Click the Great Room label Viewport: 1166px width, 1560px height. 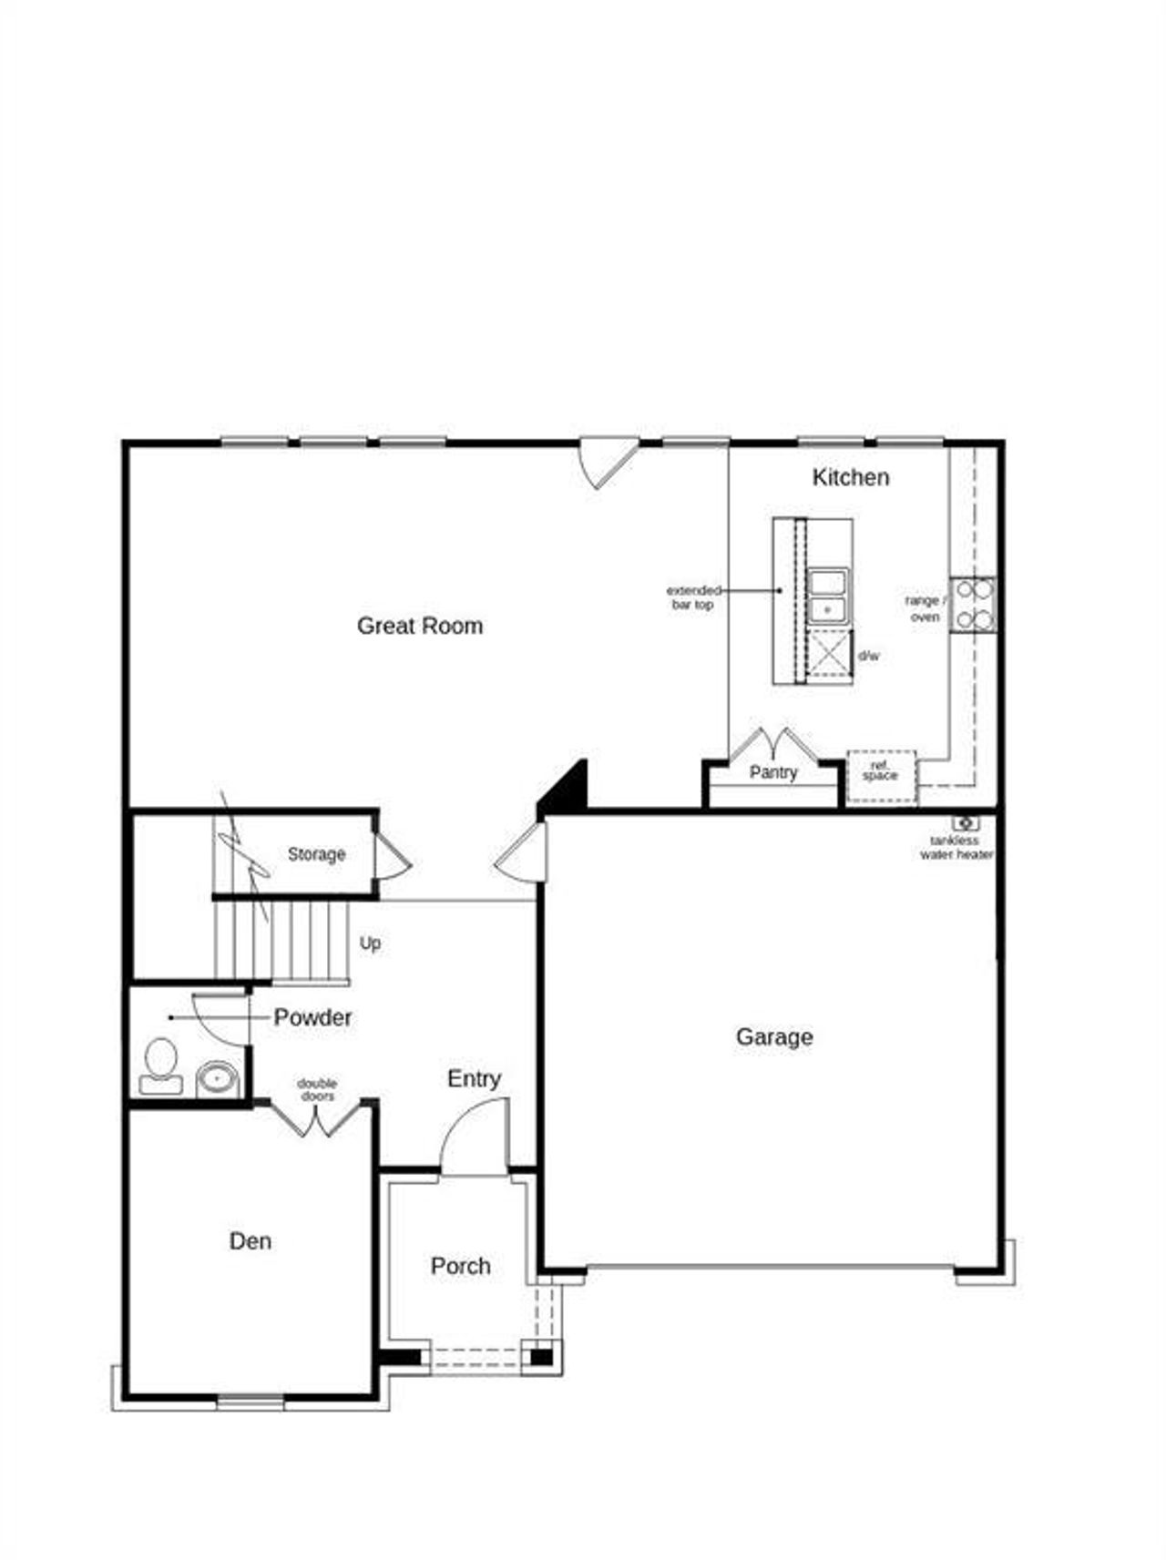click(x=420, y=626)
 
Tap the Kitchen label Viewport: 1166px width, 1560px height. click(x=850, y=477)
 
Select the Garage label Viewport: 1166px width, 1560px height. click(x=774, y=1036)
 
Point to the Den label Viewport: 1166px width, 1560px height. click(x=250, y=1241)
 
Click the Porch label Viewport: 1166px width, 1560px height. click(x=460, y=1266)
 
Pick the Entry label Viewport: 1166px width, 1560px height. click(x=474, y=1079)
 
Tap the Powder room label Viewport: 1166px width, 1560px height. click(x=312, y=1017)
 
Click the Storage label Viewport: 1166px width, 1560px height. click(x=316, y=854)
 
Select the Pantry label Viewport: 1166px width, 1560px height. click(x=773, y=772)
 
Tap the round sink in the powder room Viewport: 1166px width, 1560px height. click(x=217, y=1080)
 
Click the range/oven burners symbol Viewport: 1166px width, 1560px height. click(x=973, y=605)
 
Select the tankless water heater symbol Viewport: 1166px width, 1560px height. click(x=965, y=823)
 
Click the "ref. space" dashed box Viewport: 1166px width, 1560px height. click(x=881, y=776)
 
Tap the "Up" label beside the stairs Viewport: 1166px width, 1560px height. click(x=370, y=943)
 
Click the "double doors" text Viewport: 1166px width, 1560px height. click(x=317, y=1089)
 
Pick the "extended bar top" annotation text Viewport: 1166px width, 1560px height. click(x=693, y=597)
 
